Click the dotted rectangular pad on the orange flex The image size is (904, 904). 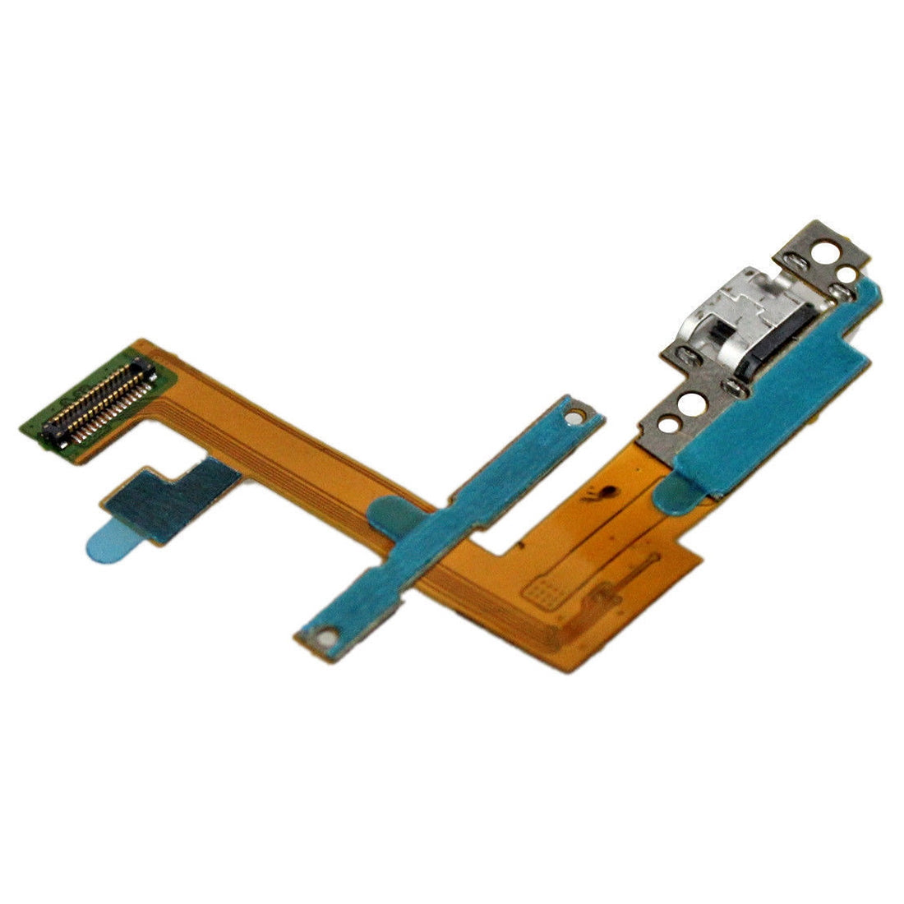click(543, 587)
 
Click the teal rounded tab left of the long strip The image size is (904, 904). click(384, 518)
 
